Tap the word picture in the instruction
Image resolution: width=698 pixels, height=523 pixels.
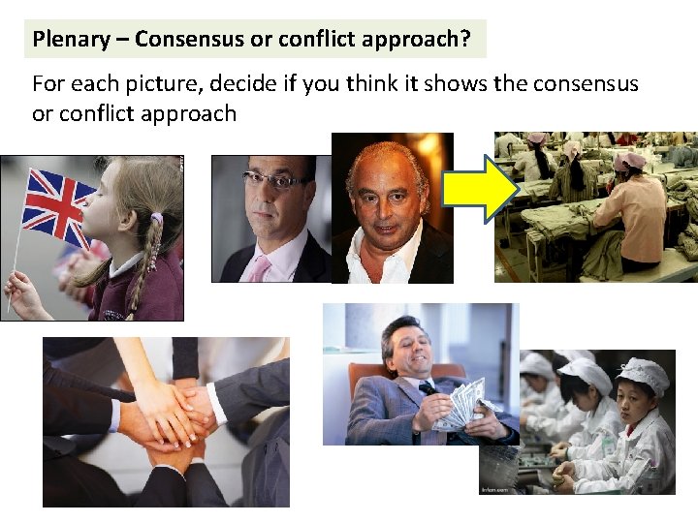point(142,83)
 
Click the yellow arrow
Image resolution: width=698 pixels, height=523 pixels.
point(480,190)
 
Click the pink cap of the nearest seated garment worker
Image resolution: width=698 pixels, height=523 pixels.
point(629,161)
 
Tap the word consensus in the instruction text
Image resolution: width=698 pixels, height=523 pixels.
point(583,83)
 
